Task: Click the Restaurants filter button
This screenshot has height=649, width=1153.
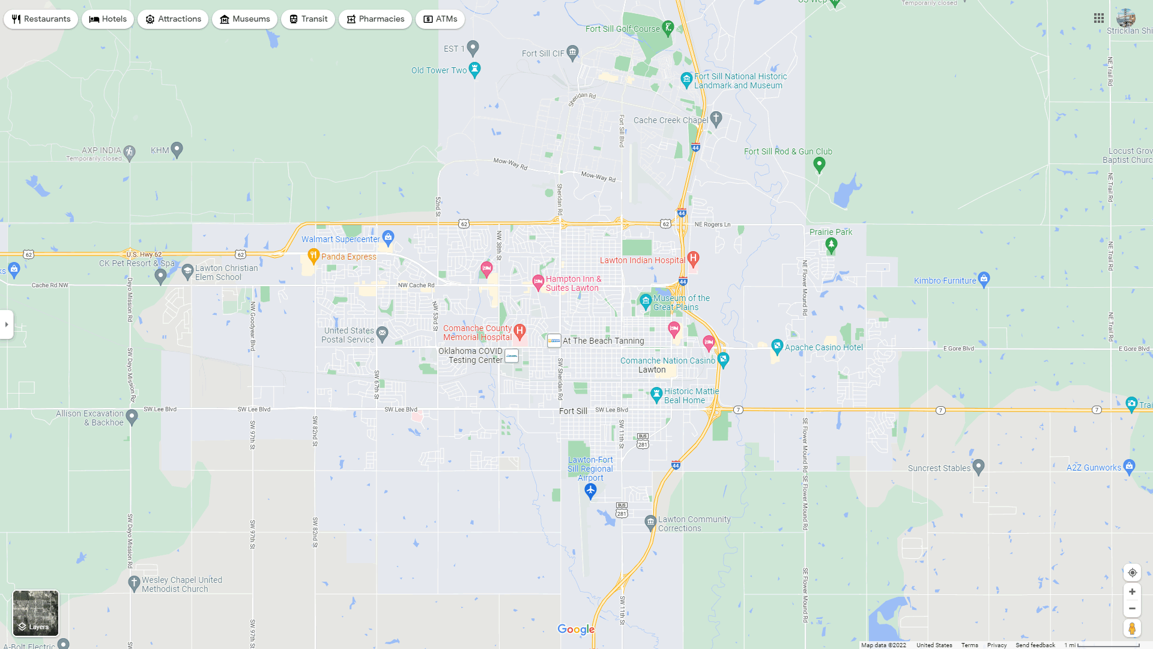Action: (x=41, y=19)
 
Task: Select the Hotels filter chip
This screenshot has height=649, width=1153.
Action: (x=107, y=19)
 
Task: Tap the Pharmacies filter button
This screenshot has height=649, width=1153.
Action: (x=375, y=19)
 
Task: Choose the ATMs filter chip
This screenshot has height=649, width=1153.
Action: (x=440, y=19)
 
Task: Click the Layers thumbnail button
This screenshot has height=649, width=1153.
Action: (x=36, y=613)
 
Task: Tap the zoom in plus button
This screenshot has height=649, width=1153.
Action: (x=1132, y=592)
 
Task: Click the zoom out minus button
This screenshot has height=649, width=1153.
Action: (x=1132, y=609)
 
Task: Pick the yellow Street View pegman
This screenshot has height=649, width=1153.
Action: (x=1132, y=629)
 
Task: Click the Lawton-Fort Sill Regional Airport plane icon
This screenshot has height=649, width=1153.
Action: (x=590, y=491)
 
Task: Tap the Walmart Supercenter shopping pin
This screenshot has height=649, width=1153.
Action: (x=389, y=237)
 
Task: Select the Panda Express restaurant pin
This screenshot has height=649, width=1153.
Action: (x=313, y=256)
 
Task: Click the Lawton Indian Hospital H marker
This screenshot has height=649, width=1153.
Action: (x=693, y=259)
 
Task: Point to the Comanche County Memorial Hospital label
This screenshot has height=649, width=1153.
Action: (x=477, y=333)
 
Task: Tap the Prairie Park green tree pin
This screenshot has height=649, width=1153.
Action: (x=831, y=244)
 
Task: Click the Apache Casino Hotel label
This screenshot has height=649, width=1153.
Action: (x=823, y=347)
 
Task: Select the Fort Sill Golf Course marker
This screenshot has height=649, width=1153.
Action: (x=668, y=28)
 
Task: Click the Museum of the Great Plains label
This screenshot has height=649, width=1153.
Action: (x=681, y=303)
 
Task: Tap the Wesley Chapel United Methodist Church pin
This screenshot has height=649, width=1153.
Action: (x=134, y=582)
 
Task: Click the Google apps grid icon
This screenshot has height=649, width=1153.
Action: (x=1099, y=19)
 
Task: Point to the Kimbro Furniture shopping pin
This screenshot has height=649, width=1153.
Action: (x=984, y=278)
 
